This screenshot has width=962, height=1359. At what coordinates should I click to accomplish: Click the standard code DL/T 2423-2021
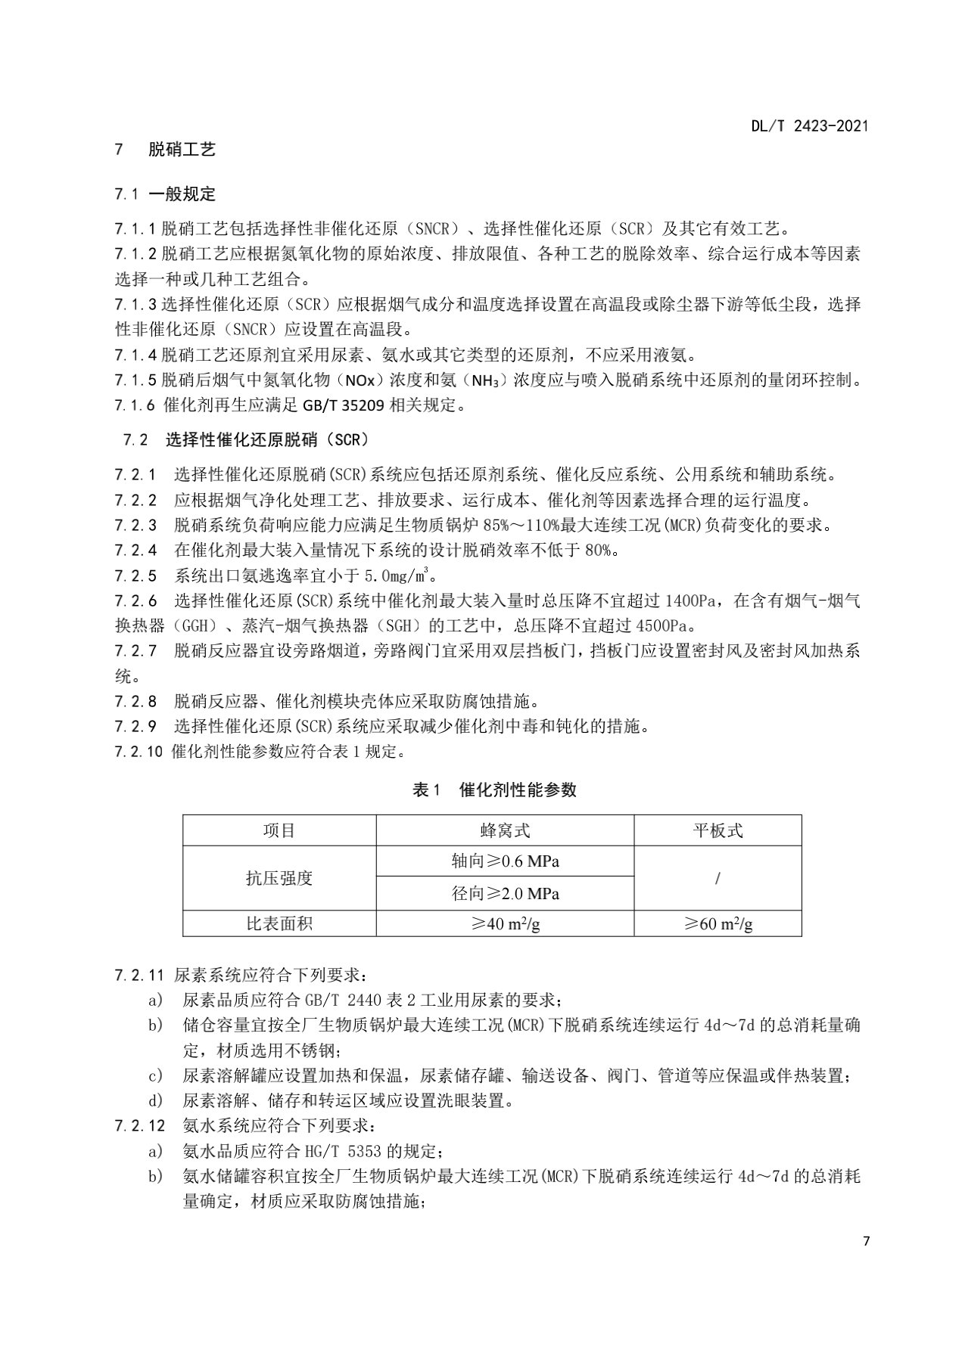click(x=809, y=126)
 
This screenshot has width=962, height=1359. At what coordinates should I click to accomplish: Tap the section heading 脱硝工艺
click(x=182, y=150)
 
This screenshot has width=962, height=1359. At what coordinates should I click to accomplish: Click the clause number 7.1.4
click(x=135, y=355)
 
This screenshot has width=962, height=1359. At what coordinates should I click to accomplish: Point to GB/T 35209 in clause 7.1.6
click(x=344, y=405)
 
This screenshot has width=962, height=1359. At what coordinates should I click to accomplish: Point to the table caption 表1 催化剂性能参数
click(x=493, y=790)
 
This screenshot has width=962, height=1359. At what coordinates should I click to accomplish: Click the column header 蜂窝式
click(x=505, y=830)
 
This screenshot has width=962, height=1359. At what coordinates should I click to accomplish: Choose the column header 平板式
click(x=718, y=830)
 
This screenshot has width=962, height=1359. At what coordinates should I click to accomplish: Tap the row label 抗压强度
click(x=279, y=878)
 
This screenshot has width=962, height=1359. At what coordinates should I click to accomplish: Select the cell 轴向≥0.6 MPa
click(x=505, y=861)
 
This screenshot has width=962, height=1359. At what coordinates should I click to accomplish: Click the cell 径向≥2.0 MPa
click(x=505, y=894)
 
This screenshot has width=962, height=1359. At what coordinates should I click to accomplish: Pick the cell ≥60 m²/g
click(x=718, y=924)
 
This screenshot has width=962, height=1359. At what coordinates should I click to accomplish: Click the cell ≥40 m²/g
click(x=505, y=924)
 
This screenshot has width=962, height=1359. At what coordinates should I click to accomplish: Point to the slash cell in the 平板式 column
click(x=718, y=878)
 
